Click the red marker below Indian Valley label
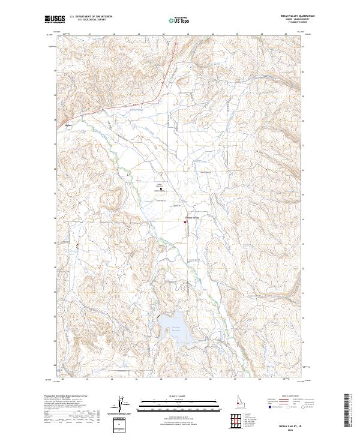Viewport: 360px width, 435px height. (185, 223)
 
